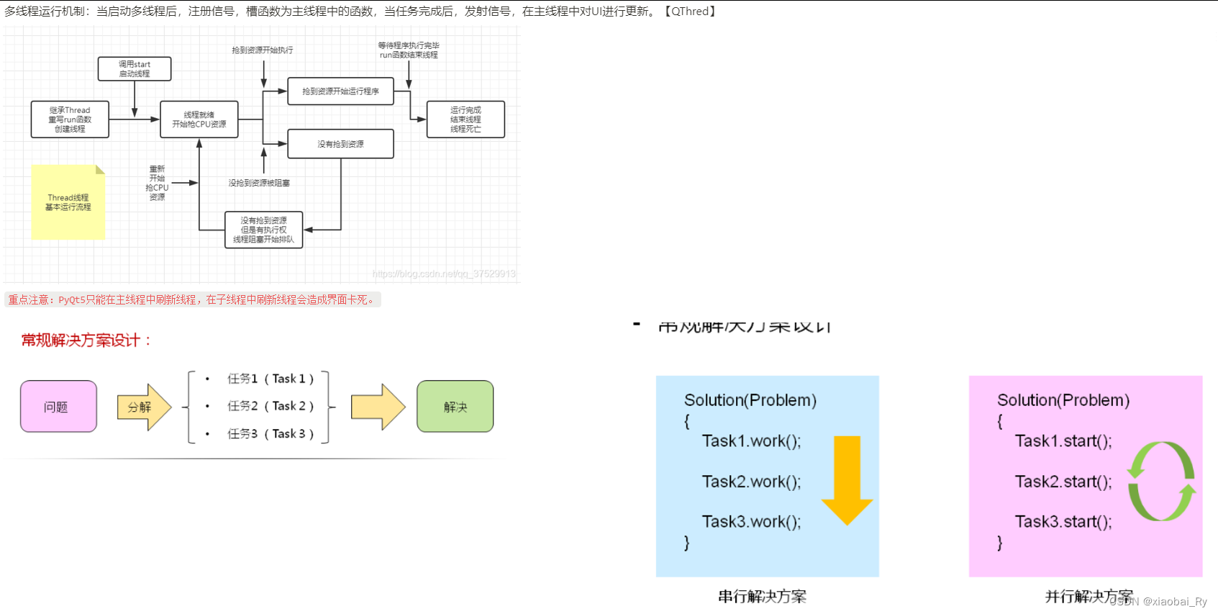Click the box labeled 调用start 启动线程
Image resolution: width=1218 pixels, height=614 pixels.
click(x=135, y=69)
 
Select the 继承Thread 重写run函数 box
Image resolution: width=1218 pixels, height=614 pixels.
click(x=70, y=119)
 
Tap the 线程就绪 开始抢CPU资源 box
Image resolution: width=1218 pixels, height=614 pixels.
click(x=199, y=119)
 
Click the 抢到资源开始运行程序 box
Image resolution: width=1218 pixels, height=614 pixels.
click(x=340, y=91)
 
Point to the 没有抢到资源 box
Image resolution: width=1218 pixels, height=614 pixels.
click(x=340, y=144)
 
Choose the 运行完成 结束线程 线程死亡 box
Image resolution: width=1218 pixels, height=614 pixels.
click(x=465, y=119)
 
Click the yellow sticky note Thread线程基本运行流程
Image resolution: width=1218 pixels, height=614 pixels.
click(x=68, y=202)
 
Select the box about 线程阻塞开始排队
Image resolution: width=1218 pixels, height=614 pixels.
click(x=263, y=230)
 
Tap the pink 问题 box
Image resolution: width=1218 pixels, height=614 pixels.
click(x=58, y=407)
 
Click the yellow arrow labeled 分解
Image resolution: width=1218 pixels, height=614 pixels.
click(x=143, y=407)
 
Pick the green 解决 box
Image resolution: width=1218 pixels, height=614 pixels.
click(x=455, y=407)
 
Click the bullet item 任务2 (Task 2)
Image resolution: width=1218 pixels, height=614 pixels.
click(x=270, y=406)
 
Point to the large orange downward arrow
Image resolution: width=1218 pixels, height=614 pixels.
click(x=847, y=479)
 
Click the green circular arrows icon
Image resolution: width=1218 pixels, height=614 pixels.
click(x=1160, y=481)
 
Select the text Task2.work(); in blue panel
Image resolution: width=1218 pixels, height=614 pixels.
click(x=751, y=482)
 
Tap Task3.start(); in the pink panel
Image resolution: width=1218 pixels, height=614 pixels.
click(x=1063, y=522)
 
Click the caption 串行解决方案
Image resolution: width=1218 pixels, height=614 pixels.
click(x=762, y=596)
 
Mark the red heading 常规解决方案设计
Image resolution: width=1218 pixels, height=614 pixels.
click(x=86, y=340)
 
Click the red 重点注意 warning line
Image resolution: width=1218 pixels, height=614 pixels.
click(x=192, y=299)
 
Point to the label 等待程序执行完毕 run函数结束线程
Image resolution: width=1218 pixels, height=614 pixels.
click(x=408, y=50)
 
